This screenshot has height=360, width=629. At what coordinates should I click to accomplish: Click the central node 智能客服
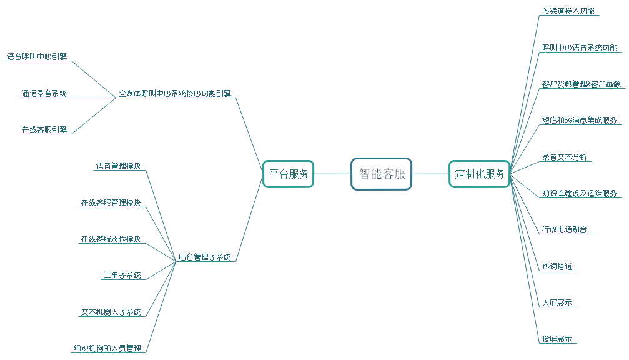(x=382, y=174)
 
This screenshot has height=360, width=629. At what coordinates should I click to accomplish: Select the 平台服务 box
(x=289, y=174)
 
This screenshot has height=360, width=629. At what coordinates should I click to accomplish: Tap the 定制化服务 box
(x=480, y=174)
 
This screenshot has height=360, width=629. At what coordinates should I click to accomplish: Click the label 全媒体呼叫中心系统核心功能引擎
(x=175, y=94)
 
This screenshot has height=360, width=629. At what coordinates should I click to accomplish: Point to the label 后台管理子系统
(x=204, y=257)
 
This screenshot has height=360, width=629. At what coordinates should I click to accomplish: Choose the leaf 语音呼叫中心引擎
(x=37, y=56)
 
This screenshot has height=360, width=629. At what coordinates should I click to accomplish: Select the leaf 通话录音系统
(x=44, y=94)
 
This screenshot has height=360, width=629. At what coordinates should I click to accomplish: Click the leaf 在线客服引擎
(x=44, y=130)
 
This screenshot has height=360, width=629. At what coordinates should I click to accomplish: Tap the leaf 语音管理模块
(x=118, y=166)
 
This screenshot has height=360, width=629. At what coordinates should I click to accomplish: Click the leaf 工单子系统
(x=122, y=276)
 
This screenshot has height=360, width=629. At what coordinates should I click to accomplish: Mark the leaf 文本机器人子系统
(x=111, y=312)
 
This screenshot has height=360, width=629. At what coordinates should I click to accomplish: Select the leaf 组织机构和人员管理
(x=107, y=348)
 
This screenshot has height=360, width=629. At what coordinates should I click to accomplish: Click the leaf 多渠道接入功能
(x=568, y=11)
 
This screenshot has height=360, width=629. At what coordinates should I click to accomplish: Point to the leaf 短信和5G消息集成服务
(x=579, y=120)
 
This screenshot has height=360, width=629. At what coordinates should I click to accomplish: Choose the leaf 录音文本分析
(x=564, y=157)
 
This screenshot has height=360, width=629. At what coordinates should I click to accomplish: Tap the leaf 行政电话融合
(x=564, y=229)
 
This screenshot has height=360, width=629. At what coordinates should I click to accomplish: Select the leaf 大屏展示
(x=557, y=302)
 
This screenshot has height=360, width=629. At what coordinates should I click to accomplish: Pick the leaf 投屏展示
(x=557, y=339)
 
